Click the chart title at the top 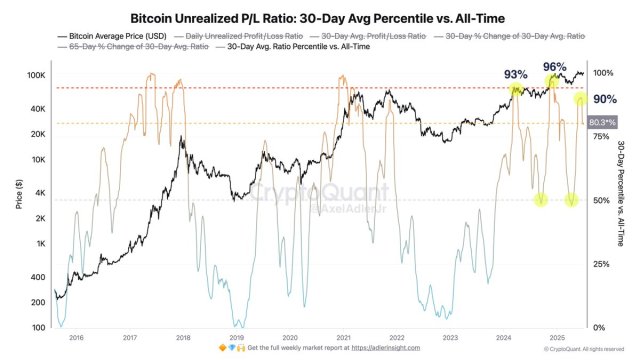(320, 17)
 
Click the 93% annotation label (515, 75)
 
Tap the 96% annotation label (555, 67)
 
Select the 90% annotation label (604, 100)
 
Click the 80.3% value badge (601, 122)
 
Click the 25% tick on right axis (601, 264)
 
